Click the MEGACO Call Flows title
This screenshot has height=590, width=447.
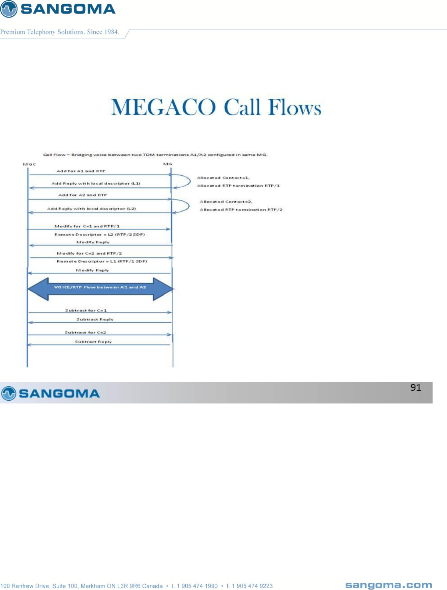tap(216, 107)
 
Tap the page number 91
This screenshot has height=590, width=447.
tap(415, 387)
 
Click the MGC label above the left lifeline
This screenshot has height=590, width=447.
tap(29, 164)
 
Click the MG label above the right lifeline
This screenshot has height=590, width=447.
tap(167, 164)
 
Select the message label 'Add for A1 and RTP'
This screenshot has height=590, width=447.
tap(81, 171)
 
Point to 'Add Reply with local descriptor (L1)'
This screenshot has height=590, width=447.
tap(96, 183)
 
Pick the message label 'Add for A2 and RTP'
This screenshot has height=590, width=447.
tap(82, 195)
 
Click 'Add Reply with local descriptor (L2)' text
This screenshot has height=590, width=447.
tap(91, 209)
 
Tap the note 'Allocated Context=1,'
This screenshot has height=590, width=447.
tap(223, 178)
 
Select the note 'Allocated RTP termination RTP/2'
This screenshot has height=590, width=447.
tap(241, 210)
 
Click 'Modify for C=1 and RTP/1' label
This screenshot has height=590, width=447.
tap(87, 226)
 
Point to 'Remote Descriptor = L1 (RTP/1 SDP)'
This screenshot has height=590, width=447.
tap(102, 261)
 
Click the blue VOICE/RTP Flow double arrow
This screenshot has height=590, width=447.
tap(100, 288)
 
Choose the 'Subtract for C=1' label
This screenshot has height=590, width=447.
tap(86, 310)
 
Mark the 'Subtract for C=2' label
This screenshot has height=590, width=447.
tap(85, 332)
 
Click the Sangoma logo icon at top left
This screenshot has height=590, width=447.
tap(9, 9)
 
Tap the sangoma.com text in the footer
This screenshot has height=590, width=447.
tap(388, 585)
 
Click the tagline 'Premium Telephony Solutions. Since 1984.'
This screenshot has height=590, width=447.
tap(60, 32)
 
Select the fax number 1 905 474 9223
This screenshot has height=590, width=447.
tap(252, 586)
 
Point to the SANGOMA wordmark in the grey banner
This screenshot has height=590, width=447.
tap(59, 393)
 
